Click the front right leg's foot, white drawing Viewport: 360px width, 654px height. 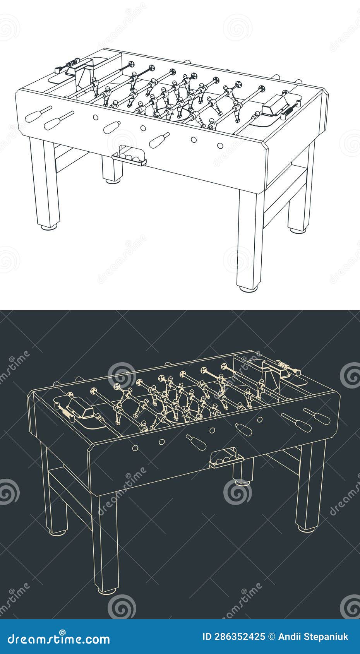click(248, 289)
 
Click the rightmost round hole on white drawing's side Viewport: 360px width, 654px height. click(219, 146)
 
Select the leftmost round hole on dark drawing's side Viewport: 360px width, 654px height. click(135, 448)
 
